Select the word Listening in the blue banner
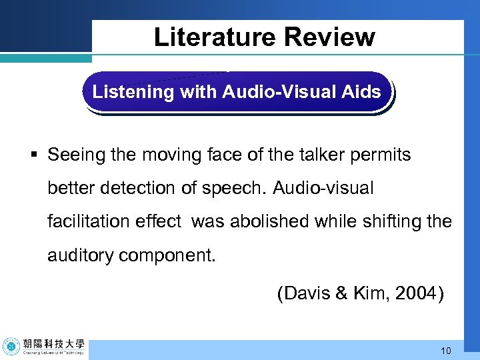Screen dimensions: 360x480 click(x=133, y=92)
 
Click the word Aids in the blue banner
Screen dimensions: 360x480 click(x=363, y=92)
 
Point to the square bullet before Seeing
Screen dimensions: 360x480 click(x=34, y=156)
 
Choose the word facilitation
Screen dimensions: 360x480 click(x=91, y=221)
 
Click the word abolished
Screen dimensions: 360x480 click(x=271, y=221)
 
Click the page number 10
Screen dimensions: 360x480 click(x=446, y=350)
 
